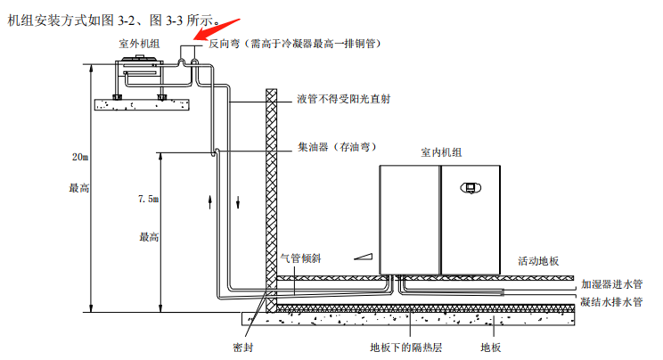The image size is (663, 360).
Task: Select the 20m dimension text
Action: click(80, 158)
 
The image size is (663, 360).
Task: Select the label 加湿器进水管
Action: click(612, 283)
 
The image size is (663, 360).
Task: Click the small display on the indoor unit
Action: click(471, 187)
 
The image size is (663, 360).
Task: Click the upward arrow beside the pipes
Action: click(210, 199)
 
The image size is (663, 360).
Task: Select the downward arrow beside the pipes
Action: click(238, 199)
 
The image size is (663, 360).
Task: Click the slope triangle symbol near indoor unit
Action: click(363, 256)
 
